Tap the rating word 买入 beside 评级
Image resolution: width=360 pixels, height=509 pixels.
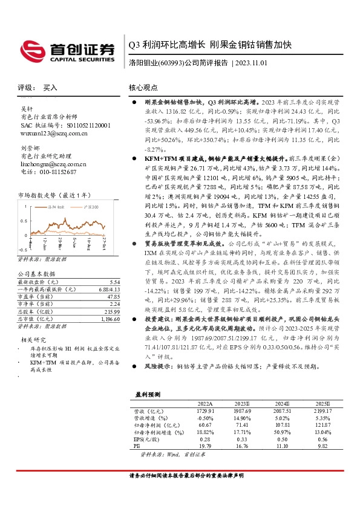click(50, 88)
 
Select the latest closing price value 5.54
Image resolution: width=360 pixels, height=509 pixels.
click(114, 282)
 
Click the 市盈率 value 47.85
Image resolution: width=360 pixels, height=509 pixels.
click(113, 297)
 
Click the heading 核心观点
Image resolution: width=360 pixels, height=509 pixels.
click(143, 87)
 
